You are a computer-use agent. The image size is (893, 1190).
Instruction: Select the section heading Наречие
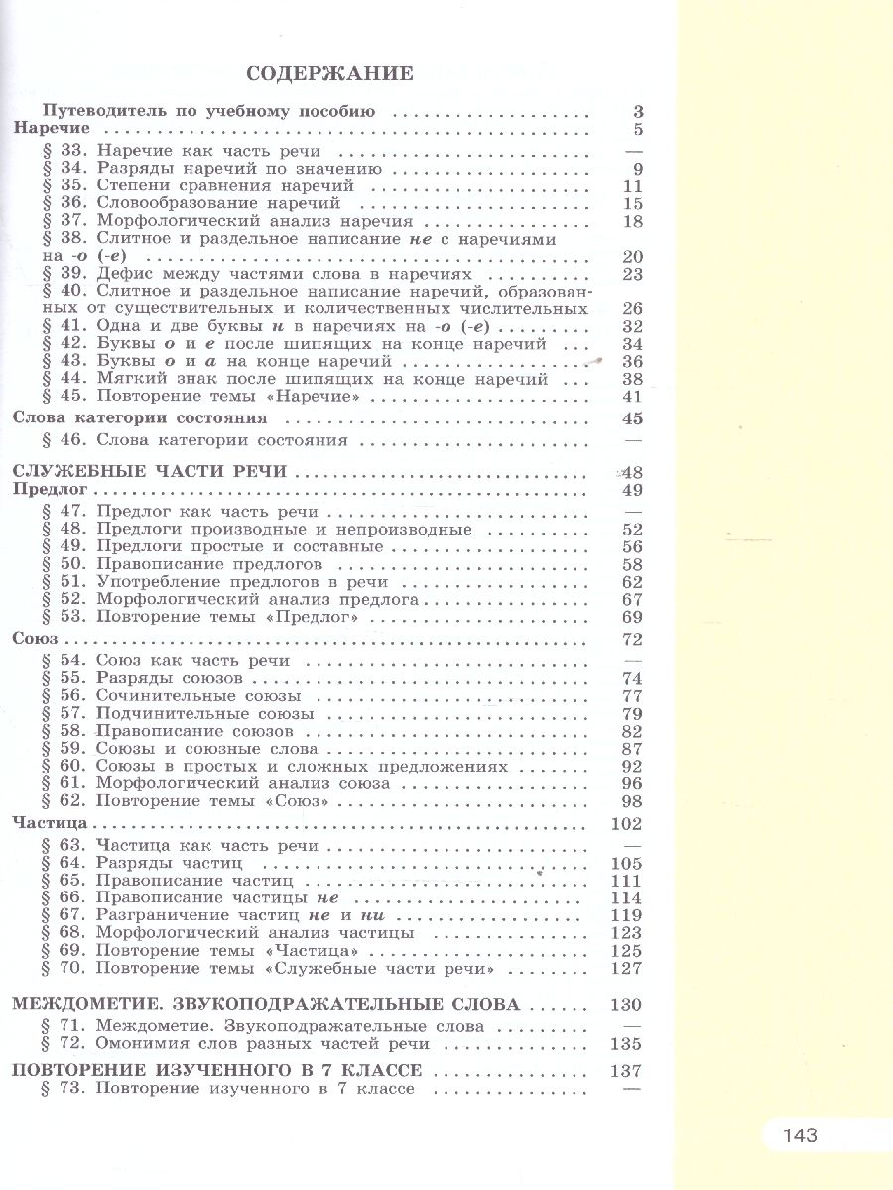point(52,129)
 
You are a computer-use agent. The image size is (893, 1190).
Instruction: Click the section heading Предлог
point(53,490)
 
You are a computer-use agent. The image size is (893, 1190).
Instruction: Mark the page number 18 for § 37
point(632,222)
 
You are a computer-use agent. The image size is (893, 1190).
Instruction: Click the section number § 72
point(65,1044)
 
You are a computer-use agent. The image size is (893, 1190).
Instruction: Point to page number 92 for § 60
point(632,768)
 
